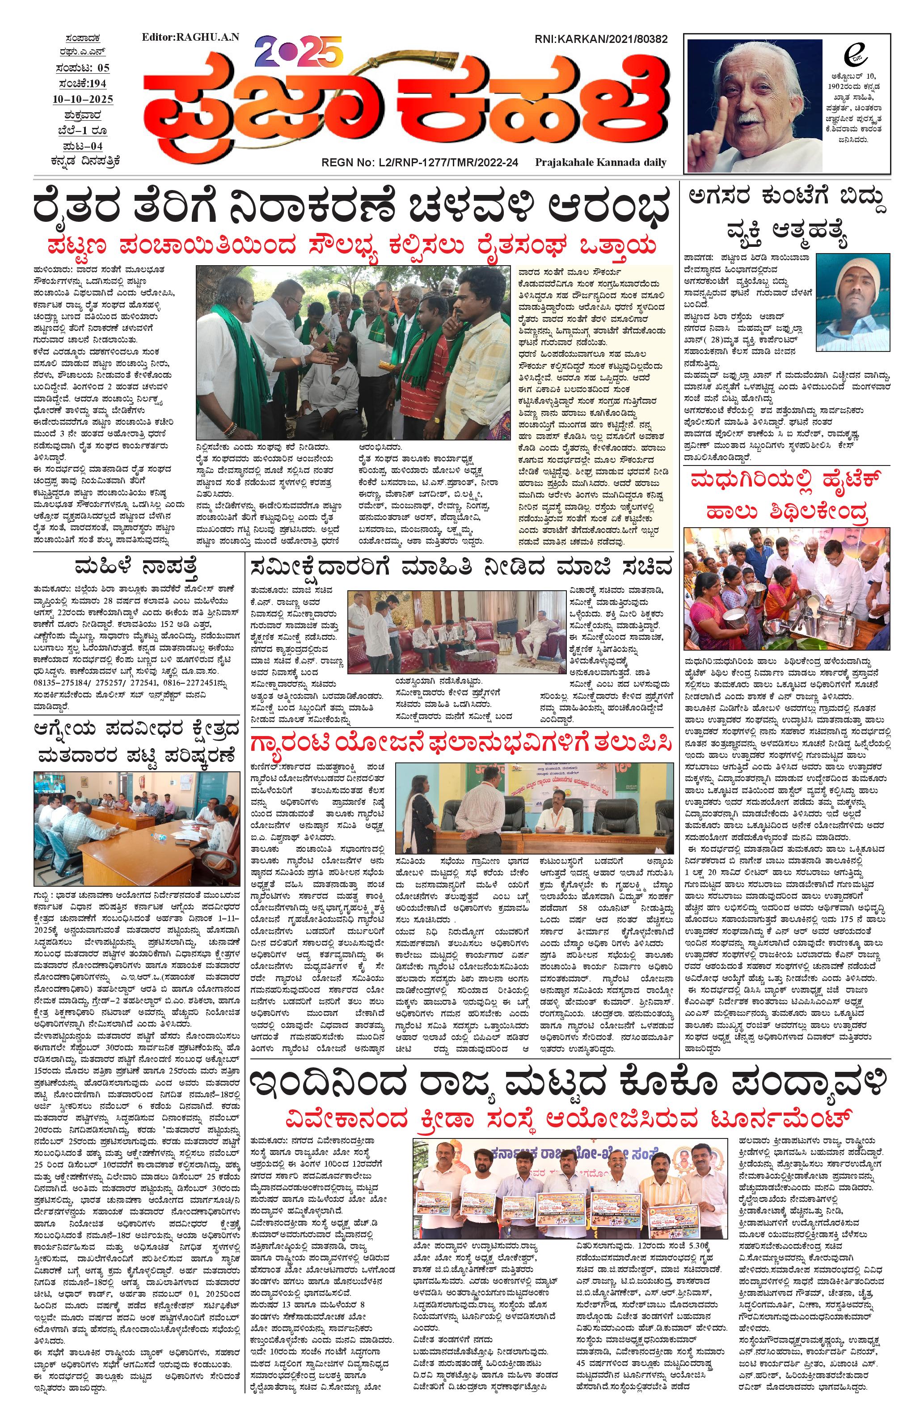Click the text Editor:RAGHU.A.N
(x=190, y=37)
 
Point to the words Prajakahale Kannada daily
(x=600, y=162)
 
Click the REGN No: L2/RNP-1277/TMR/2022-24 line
(x=420, y=162)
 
